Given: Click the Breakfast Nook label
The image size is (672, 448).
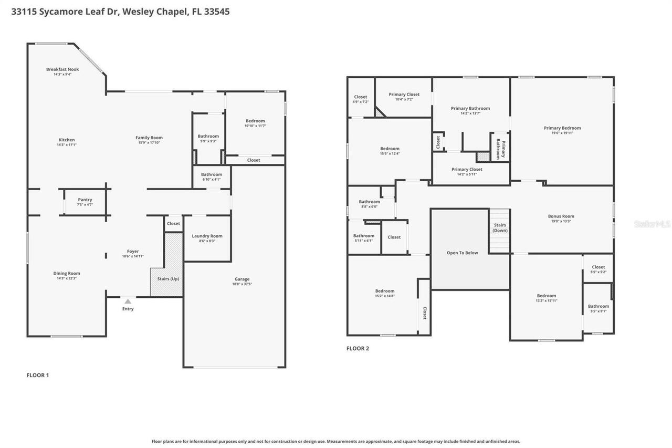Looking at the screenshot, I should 62,69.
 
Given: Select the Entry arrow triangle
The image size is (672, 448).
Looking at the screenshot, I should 128,301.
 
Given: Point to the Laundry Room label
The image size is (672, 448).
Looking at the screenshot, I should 207,236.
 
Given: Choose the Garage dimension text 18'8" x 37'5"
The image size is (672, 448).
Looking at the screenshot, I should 242,284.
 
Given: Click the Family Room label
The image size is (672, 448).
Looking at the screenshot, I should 149,138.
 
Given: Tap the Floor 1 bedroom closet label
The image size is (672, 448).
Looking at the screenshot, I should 254,160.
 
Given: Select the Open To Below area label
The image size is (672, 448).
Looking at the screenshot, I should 462,253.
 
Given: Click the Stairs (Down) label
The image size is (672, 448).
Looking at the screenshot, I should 500,228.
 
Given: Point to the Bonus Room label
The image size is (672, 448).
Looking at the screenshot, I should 561,216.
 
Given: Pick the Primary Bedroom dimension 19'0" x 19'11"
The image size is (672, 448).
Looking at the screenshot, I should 562,133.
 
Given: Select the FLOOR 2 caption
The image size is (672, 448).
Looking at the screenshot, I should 358,348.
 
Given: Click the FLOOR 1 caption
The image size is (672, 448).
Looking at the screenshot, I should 38,375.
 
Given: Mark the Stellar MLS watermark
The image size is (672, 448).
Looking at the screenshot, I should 653,224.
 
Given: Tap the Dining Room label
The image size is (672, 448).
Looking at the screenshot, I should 67,273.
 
